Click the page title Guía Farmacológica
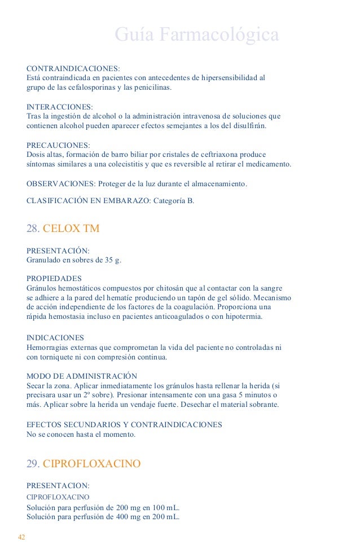(197, 35)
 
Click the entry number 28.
(33, 229)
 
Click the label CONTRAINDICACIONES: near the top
(73, 68)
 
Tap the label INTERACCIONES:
(60, 107)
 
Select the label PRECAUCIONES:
(59, 145)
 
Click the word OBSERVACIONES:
(62, 184)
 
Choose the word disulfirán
(245, 125)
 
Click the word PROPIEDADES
(54, 278)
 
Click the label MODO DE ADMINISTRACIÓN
(82, 375)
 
